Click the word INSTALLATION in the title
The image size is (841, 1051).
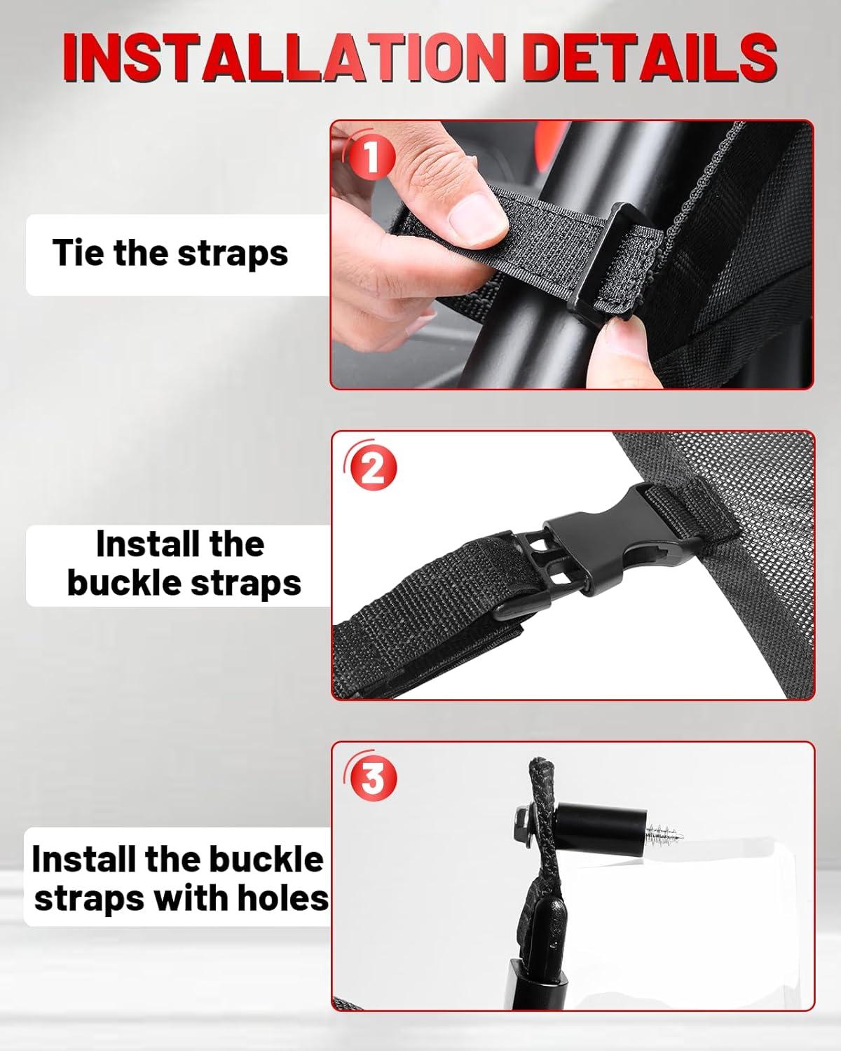pos(284,57)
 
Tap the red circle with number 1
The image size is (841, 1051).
pos(372,157)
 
